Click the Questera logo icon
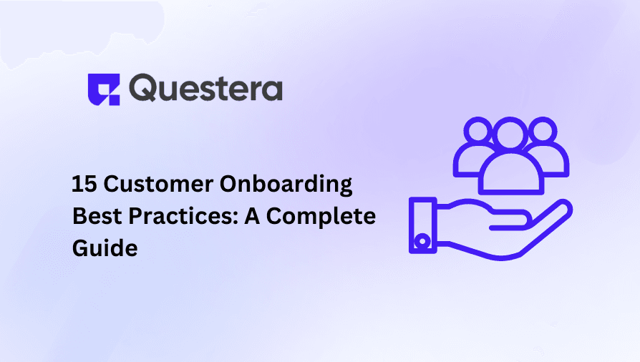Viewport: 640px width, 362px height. pos(105,89)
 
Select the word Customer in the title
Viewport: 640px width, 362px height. pos(155,185)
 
